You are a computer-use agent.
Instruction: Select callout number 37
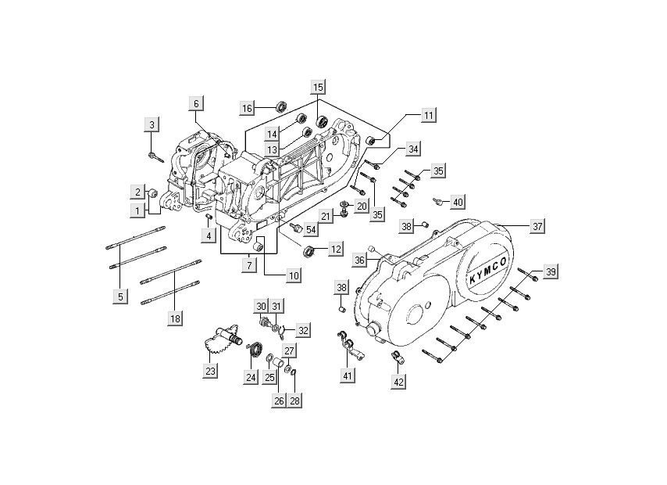click(x=537, y=226)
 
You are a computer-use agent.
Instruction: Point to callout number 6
click(x=196, y=104)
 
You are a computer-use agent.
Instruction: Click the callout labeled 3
click(x=152, y=125)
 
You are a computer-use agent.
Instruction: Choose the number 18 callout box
click(x=175, y=318)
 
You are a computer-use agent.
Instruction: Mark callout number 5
click(x=120, y=296)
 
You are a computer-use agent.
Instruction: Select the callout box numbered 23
click(x=210, y=372)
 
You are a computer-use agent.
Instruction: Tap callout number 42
click(x=398, y=382)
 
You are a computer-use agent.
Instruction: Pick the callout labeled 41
click(x=347, y=375)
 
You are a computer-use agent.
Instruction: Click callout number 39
click(x=551, y=271)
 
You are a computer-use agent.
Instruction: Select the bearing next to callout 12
click(x=309, y=250)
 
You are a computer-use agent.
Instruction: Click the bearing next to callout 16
click(x=280, y=106)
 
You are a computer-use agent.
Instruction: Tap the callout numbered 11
click(x=428, y=116)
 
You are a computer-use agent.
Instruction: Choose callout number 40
click(x=458, y=202)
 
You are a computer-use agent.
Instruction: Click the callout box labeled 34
click(x=413, y=149)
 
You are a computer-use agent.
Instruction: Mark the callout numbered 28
click(x=294, y=400)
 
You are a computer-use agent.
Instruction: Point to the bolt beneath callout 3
click(x=153, y=156)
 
